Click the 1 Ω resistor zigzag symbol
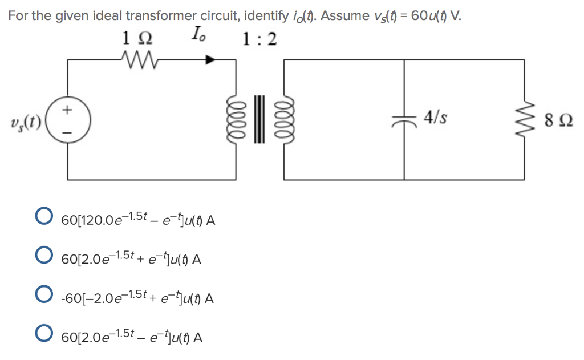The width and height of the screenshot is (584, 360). pyautogui.click(x=137, y=58)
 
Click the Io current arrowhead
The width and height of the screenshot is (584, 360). pyautogui.click(x=212, y=58)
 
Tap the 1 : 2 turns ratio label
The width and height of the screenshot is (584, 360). pyautogui.click(x=259, y=39)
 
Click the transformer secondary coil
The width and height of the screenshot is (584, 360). pyautogui.click(x=282, y=120)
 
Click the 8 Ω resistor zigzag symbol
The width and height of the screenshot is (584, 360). pyautogui.click(x=524, y=120)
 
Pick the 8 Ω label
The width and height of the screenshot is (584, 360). pyautogui.click(x=559, y=121)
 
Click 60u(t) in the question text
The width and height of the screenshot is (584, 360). pyautogui.click(x=425, y=15)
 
